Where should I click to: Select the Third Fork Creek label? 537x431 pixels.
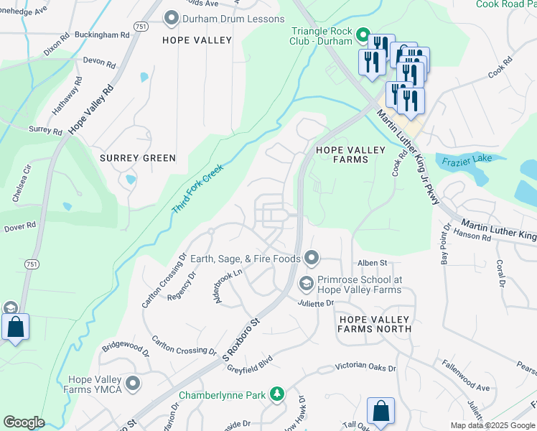coord(197,189)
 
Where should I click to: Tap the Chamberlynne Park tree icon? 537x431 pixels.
coord(276,394)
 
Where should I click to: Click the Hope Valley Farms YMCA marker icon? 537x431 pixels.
coord(132,384)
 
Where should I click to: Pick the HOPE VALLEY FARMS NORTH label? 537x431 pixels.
coord(375,324)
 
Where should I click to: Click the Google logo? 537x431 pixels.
coord(24,422)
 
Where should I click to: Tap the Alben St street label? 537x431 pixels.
coord(373,264)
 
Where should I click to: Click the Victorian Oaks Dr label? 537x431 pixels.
coord(365,368)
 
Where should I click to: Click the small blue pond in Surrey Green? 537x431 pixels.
coord(131,180)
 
